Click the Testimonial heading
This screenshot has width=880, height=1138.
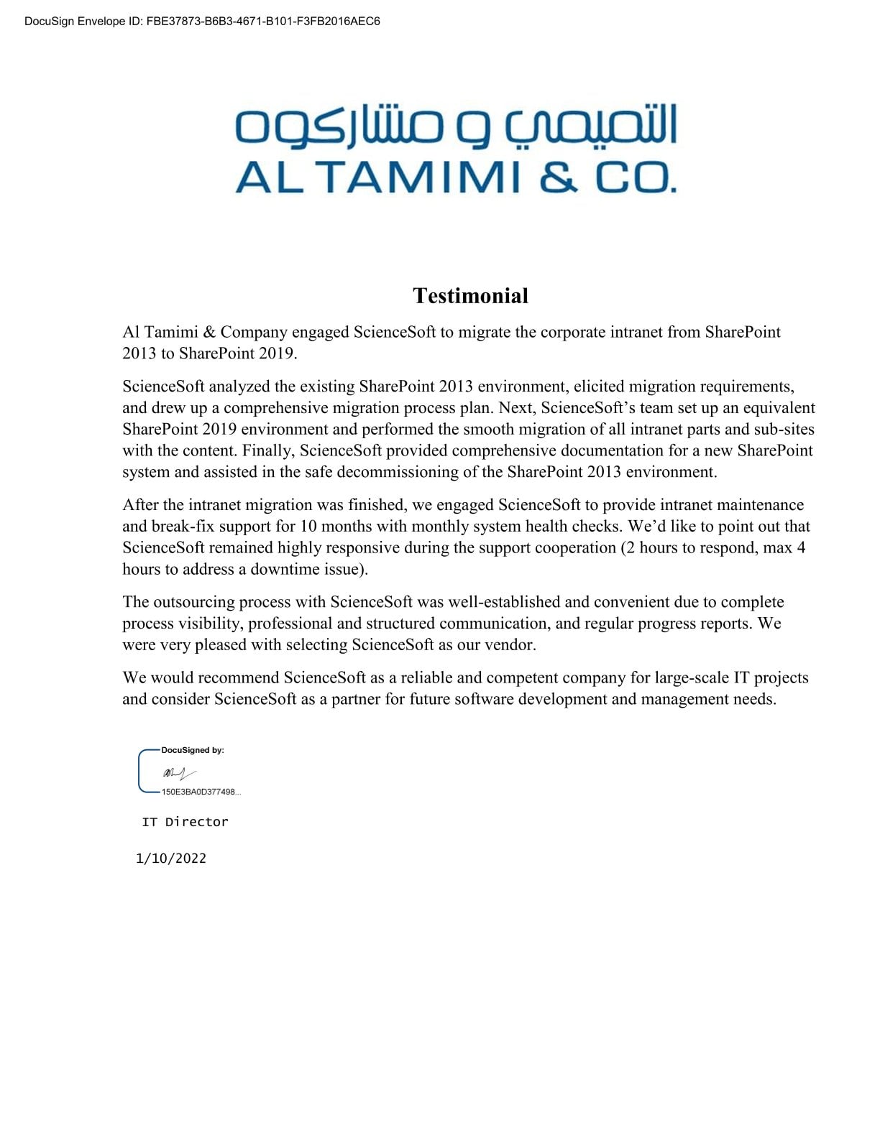(470, 295)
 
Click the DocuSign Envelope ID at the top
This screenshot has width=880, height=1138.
(202, 22)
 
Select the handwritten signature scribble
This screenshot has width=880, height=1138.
(178, 774)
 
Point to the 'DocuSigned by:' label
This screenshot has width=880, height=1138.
(193, 750)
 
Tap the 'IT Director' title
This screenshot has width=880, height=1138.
(185, 822)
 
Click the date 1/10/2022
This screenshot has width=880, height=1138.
(171, 859)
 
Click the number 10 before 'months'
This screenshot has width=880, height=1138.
(308, 526)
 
